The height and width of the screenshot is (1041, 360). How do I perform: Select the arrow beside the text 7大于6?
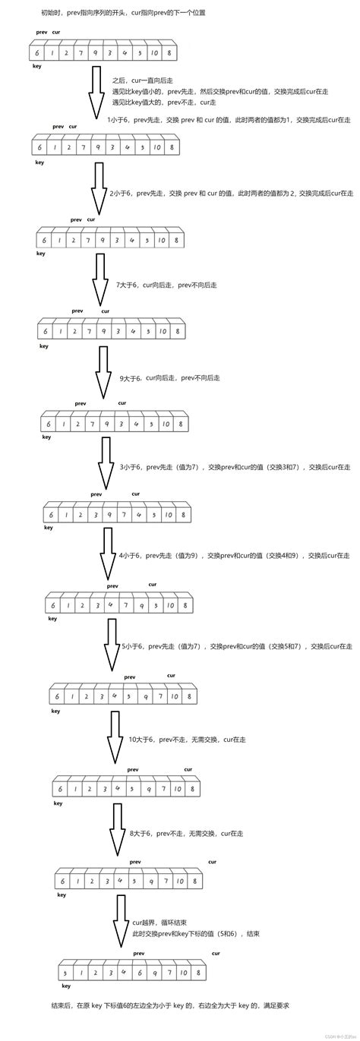(x=100, y=278)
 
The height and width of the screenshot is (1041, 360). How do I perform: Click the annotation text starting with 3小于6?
(x=235, y=467)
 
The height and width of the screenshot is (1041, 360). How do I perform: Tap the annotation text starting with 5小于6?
(x=237, y=646)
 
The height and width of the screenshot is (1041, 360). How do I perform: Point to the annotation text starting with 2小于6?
(x=231, y=194)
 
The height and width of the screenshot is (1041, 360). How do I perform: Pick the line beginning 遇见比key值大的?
(x=159, y=101)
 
